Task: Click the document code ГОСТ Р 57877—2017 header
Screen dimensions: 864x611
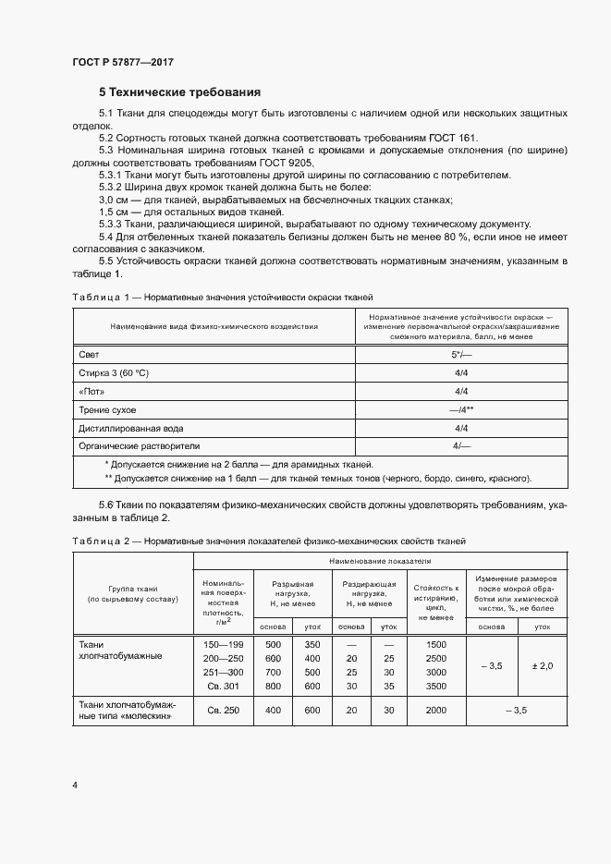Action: point(123,62)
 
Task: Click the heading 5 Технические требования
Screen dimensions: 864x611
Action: point(179,92)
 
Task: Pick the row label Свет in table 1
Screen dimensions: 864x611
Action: point(89,354)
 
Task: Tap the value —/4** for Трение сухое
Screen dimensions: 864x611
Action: point(461,409)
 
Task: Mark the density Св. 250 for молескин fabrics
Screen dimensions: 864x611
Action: point(222,710)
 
